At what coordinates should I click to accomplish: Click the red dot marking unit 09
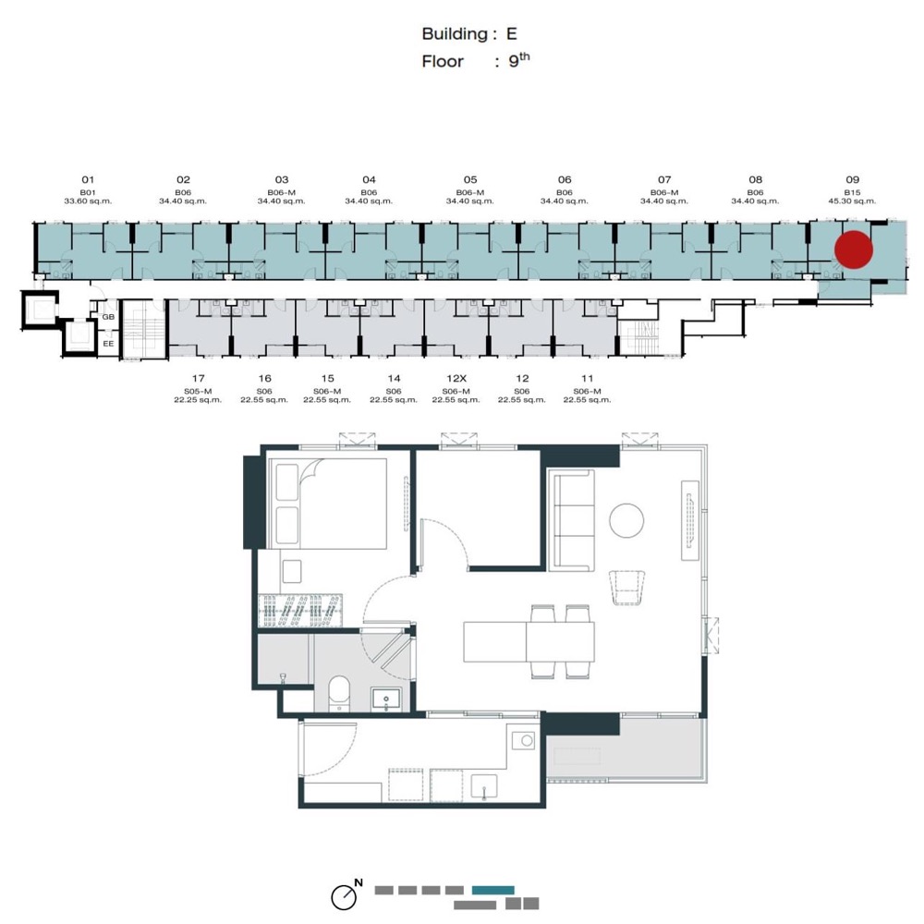click(x=853, y=249)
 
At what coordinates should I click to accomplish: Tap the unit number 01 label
click(x=88, y=180)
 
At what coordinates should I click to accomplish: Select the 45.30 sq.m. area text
click(x=852, y=201)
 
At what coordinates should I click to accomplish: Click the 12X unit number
click(x=456, y=378)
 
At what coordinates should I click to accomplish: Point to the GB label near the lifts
click(x=108, y=317)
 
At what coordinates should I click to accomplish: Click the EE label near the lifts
click(x=108, y=344)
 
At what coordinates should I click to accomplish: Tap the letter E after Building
click(x=512, y=34)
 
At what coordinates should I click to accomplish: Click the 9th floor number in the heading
click(x=518, y=59)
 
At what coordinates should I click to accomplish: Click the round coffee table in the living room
click(x=626, y=520)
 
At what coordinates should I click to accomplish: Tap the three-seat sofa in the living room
click(x=571, y=520)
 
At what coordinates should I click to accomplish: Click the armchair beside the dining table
click(x=627, y=587)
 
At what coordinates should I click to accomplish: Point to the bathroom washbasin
click(x=386, y=699)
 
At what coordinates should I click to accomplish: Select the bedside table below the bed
click(x=292, y=571)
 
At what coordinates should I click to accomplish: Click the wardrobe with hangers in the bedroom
click(x=300, y=610)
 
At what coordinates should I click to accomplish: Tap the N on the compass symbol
click(x=359, y=882)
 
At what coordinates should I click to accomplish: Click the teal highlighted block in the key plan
click(x=492, y=890)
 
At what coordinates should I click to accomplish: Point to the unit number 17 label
click(x=198, y=378)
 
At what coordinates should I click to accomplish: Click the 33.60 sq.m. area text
click(x=88, y=201)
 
